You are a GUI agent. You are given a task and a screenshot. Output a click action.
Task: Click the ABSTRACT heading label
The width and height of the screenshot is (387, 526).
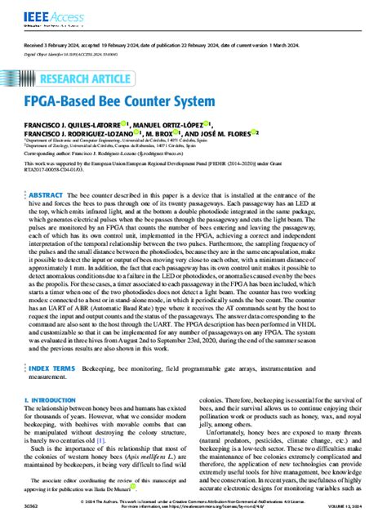(x=48, y=197)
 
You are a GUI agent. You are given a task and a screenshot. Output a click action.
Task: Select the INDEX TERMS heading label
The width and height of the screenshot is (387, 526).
(x=54, y=368)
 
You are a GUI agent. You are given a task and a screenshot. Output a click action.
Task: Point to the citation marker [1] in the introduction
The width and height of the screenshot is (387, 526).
(x=101, y=440)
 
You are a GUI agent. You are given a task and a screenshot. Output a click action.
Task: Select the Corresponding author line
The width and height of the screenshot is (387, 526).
(x=114, y=153)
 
